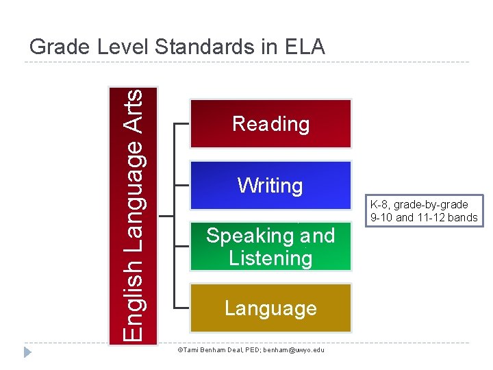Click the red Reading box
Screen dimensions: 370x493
click(270, 123)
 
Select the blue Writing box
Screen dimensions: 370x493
click(270, 185)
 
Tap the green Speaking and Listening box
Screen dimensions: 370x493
click(270, 247)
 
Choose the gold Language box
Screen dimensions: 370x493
click(270, 308)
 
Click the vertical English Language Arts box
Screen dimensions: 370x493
click(134, 214)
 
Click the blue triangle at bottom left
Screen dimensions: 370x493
click(27, 353)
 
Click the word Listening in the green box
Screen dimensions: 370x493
click(270, 258)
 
